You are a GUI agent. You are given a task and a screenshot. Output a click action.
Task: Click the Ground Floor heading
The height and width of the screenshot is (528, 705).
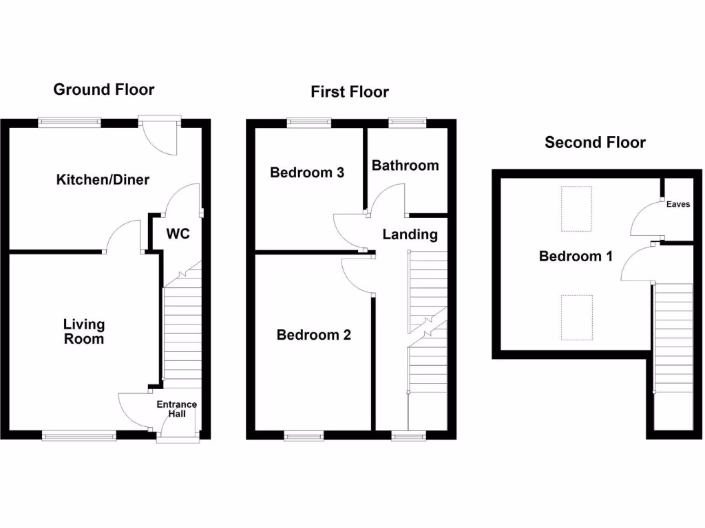104,89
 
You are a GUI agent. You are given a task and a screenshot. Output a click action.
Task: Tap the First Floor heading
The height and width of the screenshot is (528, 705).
350,92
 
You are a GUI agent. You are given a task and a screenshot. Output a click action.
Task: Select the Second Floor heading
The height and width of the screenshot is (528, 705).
595,143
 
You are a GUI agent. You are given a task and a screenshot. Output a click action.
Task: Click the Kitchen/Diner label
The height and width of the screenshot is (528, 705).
103,180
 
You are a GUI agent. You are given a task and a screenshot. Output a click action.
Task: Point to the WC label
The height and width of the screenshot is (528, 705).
178,234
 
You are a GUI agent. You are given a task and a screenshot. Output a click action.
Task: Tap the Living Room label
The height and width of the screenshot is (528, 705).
84,331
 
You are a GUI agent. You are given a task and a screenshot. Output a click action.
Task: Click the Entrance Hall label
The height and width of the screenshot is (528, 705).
176,409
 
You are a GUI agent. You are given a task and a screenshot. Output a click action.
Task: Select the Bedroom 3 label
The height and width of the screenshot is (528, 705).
307,173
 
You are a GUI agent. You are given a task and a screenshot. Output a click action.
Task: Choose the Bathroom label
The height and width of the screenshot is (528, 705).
405,166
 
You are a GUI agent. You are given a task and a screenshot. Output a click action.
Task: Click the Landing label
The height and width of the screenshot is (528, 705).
410,234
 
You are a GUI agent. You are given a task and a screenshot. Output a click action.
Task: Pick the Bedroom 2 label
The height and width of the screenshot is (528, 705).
313,335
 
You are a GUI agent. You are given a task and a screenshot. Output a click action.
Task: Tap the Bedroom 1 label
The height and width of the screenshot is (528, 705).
576,256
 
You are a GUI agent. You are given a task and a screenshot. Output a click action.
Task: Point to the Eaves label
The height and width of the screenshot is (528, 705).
678,204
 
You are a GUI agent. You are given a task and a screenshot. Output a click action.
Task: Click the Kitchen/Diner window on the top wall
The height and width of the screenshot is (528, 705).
70,122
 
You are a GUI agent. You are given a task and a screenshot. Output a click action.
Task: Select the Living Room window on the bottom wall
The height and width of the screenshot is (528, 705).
79,434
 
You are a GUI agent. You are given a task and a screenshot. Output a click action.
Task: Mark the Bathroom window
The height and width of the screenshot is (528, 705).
408,122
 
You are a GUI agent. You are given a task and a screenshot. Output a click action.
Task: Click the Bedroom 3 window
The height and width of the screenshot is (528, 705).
308,122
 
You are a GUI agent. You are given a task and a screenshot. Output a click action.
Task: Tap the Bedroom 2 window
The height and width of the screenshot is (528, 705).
304,434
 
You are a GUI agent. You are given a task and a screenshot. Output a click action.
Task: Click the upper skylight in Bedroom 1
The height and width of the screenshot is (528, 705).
576,209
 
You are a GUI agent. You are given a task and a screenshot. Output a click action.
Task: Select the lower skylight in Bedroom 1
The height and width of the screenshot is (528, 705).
576,317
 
